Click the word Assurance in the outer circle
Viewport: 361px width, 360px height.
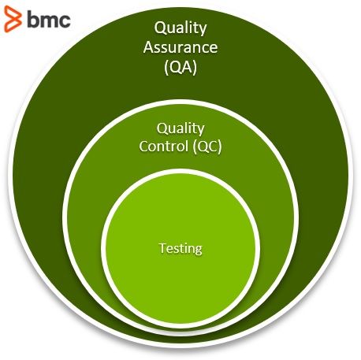(x=180, y=47)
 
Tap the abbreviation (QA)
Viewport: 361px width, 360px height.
(x=180, y=68)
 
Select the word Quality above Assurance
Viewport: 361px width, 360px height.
(x=180, y=28)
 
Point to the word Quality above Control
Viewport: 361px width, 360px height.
(x=180, y=128)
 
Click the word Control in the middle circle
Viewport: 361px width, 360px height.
(x=163, y=146)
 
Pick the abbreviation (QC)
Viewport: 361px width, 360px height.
(x=207, y=147)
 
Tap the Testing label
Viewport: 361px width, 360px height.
(x=180, y=248)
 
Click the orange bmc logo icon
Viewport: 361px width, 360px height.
(x=13, y=19)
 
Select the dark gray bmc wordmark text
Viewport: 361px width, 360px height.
(x=49, y=19)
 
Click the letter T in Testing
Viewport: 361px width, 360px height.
(x=162, y=247)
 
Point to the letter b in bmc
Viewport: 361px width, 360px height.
(x=32, y=19)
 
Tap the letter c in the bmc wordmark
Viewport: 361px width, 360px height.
(x=65, y=20)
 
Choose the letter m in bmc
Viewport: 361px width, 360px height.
(x=50, y=20)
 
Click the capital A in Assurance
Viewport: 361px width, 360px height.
(x=149, y=47)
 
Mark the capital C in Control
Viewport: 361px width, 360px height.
(x=144, y=146)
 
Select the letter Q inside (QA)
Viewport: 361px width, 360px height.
(x=174, y=68)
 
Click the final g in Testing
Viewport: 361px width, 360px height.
(x=198, y=250)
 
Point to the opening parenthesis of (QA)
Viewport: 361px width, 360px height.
(x=166, y=68)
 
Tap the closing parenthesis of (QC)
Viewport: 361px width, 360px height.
(x=220, y=147)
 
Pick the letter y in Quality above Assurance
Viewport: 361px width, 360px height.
(x=203, y=30)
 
